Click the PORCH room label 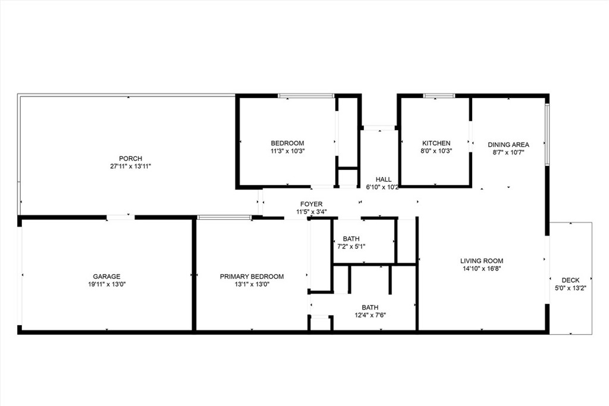pos(130,158)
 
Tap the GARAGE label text pos(106,276)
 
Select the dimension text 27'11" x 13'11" pos(130,166)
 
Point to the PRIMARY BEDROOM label pos(252,276)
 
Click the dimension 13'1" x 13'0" pos(252,284)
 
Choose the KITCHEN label pos(436,143)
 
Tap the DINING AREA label pos(508,145)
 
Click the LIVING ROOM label pos(482,261)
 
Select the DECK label pos(570,280)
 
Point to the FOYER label pos(311,204)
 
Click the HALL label pos(384,180)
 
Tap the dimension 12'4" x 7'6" pos(370,315)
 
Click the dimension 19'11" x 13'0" pos(106,284)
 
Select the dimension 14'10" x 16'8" pos(482,269)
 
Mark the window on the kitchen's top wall pos(439,96)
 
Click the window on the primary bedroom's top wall pos(224,218)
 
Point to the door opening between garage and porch pos(120,218)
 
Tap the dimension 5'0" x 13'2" pos(570,288)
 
